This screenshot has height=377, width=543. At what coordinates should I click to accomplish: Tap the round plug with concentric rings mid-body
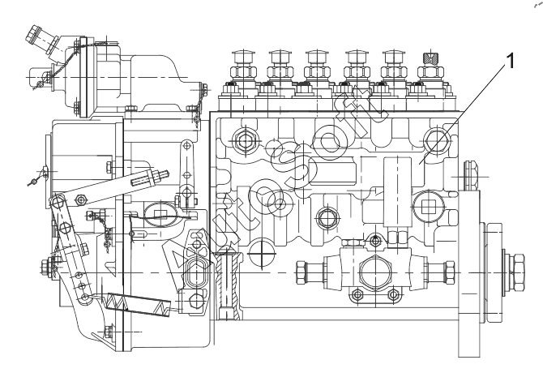click(326, 217)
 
